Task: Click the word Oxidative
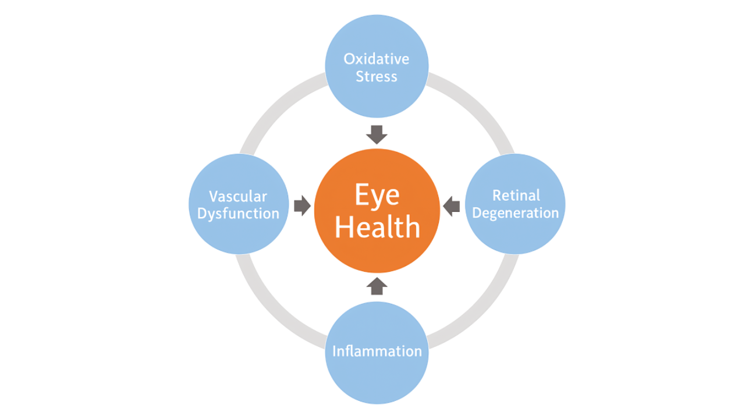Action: tap(377, 59)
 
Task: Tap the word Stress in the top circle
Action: tap(377, 77)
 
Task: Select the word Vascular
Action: tap(238, 196)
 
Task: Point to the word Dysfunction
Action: tap(238, 214)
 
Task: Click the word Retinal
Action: tap(516, 195)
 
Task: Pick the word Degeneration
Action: tap(516, 213)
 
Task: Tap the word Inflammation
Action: tap(377, 351)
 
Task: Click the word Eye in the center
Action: tap(377, 195)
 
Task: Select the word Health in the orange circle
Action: tap(377, 227)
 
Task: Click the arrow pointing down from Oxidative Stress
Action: tap(377, 134)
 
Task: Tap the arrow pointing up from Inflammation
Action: tap(377, 286)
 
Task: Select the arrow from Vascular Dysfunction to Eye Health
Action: tap(302, 205)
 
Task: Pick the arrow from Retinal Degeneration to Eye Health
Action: tap(452, 205)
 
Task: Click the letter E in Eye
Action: tap(362, 195)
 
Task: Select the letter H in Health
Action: tap(345, 227)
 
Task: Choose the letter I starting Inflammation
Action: tap(335, 351)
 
